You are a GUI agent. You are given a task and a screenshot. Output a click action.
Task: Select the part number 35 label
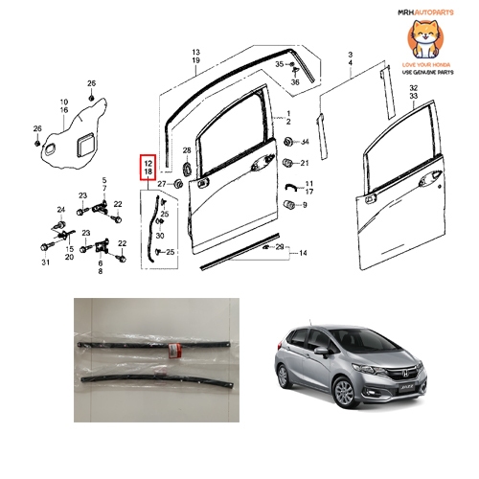click(279, 63)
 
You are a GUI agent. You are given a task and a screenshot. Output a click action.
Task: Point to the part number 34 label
click(306, 142)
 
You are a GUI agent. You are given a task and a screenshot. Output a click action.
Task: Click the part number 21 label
click(306, 164)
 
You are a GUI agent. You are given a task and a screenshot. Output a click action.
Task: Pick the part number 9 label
click(305, 204)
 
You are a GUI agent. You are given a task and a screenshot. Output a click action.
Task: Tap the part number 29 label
click(280, 247)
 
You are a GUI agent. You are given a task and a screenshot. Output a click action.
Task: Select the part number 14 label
click(302, 253)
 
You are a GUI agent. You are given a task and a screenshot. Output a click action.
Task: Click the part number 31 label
click(45, 265)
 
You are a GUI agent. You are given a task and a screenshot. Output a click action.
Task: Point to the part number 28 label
click(187, 150)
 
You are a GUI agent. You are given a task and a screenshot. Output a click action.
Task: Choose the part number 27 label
click(162, 183)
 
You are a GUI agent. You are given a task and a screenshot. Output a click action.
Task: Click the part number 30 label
click(160, 236)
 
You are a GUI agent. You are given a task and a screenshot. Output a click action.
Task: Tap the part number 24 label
click(60, 209)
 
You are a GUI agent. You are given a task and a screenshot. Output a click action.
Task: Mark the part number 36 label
click(295, 82)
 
